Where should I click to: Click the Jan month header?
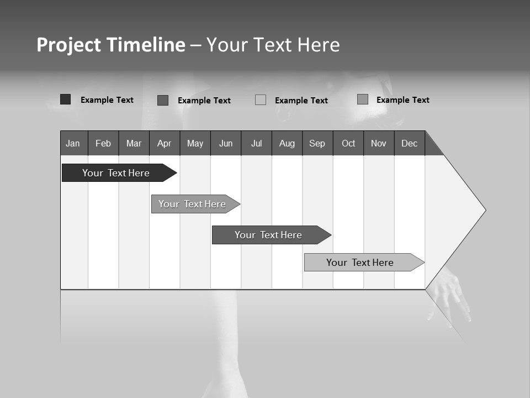click(73, 143)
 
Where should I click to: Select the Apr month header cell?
click(165, 143)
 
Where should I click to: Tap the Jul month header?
click(256, 143)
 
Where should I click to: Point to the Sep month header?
click(317, 143)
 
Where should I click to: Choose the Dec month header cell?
click(409, 143)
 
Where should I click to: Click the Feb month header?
click(103, 143)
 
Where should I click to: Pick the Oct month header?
click(348, 143)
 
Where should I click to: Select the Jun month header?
click(226, 143)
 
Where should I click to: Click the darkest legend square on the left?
click(66, 99)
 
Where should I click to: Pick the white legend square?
click(261, 100)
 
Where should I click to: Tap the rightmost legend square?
click(363, 99)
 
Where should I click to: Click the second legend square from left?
click(163, 100)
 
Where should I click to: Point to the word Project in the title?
click(69, 45)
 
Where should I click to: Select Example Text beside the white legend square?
click(301, 101)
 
